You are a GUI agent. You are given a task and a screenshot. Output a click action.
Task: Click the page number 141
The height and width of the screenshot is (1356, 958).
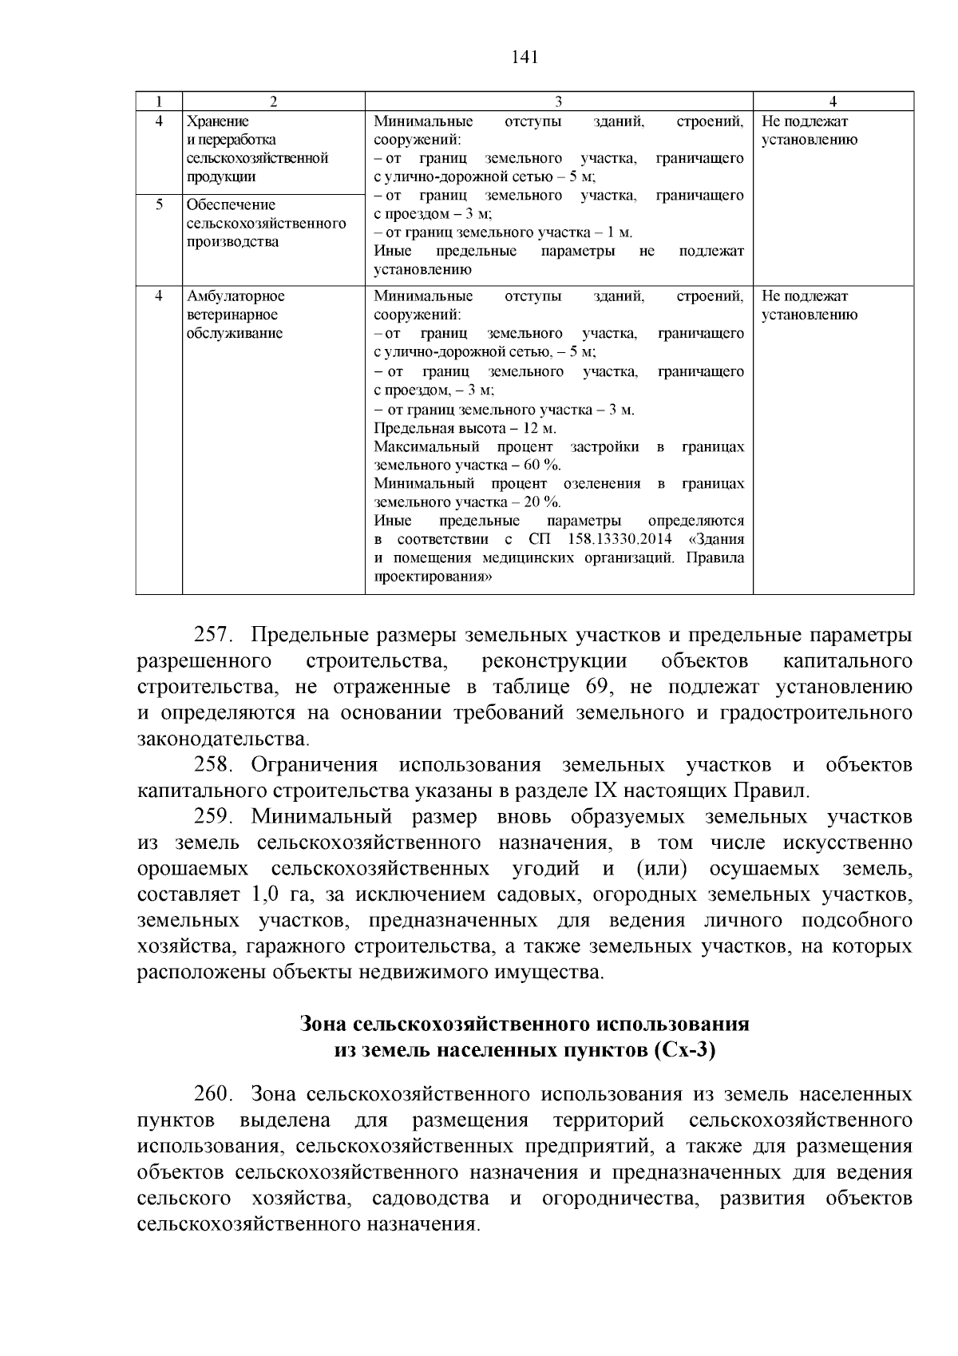pyautogui.click(x=524, y=57)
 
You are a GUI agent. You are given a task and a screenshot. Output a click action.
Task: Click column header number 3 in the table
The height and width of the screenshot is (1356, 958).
pyautogui.click(x=558, y=101)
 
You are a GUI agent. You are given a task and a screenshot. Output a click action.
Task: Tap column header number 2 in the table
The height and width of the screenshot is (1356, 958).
pyautogui.click(x=273, y=101)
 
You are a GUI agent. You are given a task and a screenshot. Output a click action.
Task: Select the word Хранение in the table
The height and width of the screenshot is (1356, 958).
pyautogui.click(x=217, y=121)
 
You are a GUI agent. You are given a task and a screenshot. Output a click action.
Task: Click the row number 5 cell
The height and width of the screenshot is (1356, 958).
pyautogui.click(x=159, y=204)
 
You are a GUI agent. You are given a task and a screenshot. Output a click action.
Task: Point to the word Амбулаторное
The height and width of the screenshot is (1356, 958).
pyautogui.click(x=236, y=296)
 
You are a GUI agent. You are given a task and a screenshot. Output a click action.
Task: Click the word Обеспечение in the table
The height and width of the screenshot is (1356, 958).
pyautogui.click(x=231, y=205)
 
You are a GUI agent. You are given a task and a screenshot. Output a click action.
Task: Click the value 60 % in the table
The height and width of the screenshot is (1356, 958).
pyautogui.click(x=542, y=465)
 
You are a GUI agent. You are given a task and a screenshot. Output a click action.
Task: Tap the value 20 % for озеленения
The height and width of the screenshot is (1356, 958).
pyautogui.click(x=542, y=502)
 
